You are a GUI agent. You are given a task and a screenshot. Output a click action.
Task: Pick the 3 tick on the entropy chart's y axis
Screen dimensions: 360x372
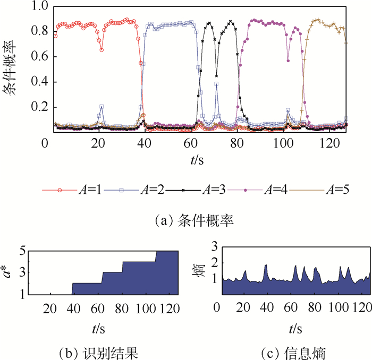[x=214, y=246]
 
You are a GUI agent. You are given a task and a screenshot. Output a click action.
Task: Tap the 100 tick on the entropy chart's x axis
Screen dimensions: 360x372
[x=339, y=307]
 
